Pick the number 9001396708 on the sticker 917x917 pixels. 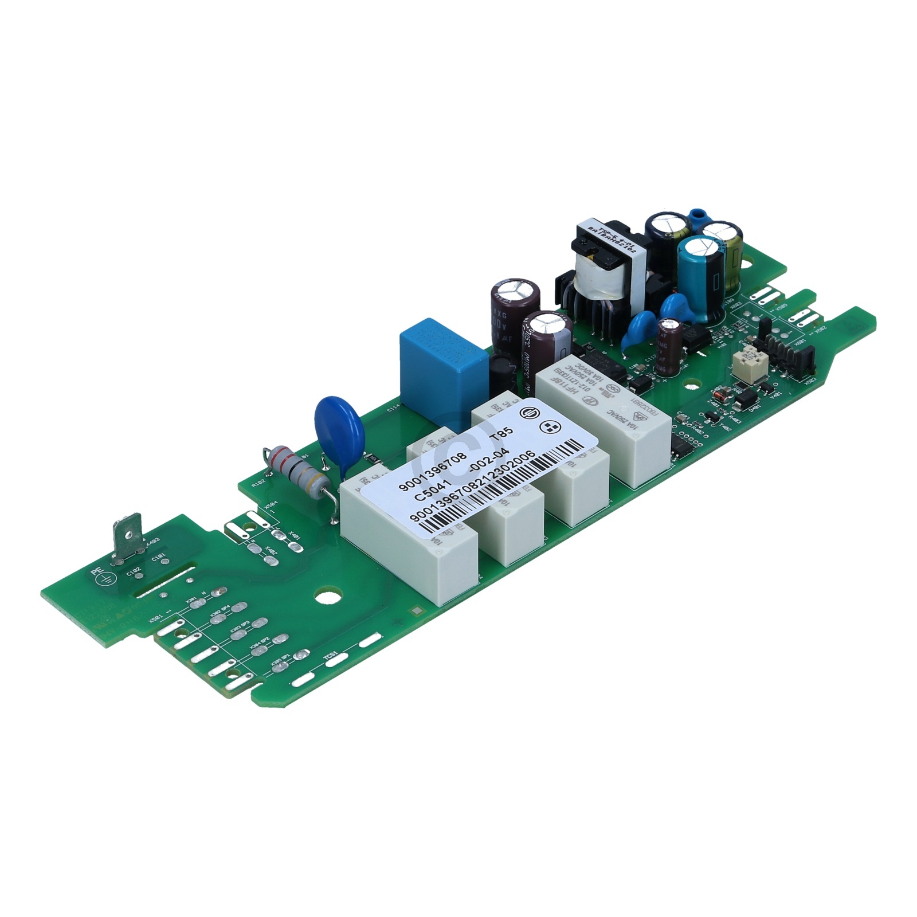[431, 464]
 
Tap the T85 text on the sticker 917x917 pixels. [499, 436]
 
